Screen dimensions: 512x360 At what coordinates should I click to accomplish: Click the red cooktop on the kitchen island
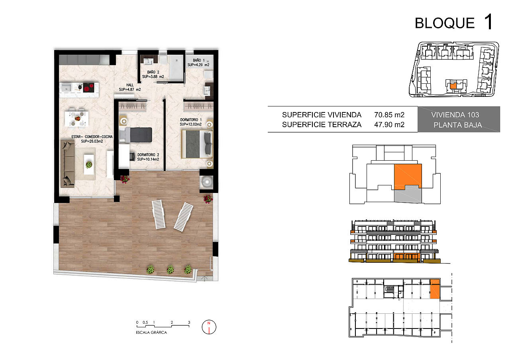(x=88, y=88)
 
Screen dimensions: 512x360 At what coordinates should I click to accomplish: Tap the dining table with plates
(x=77, y=119)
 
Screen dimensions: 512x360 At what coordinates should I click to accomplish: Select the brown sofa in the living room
(x=68, y=164)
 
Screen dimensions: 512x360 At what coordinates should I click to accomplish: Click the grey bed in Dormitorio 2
(x=135, y=135)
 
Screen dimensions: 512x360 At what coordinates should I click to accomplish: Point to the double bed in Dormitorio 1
(x=197, y=144)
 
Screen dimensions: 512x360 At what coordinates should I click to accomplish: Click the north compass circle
(x=209, y=327)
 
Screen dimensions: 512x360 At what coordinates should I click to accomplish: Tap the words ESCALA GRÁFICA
(x=151, y=332)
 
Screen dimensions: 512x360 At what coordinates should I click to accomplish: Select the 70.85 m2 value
(x=389, y=115)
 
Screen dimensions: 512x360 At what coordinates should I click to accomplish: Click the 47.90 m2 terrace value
(x=389, y=125)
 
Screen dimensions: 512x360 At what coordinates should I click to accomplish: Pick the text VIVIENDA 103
(x=455, y=115)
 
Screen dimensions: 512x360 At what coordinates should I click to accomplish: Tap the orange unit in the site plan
(x=453, y=86)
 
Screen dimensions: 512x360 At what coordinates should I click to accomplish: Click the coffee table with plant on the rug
(x=89, y=164)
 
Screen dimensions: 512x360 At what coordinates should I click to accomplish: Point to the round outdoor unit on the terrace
(x=207, y=182)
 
